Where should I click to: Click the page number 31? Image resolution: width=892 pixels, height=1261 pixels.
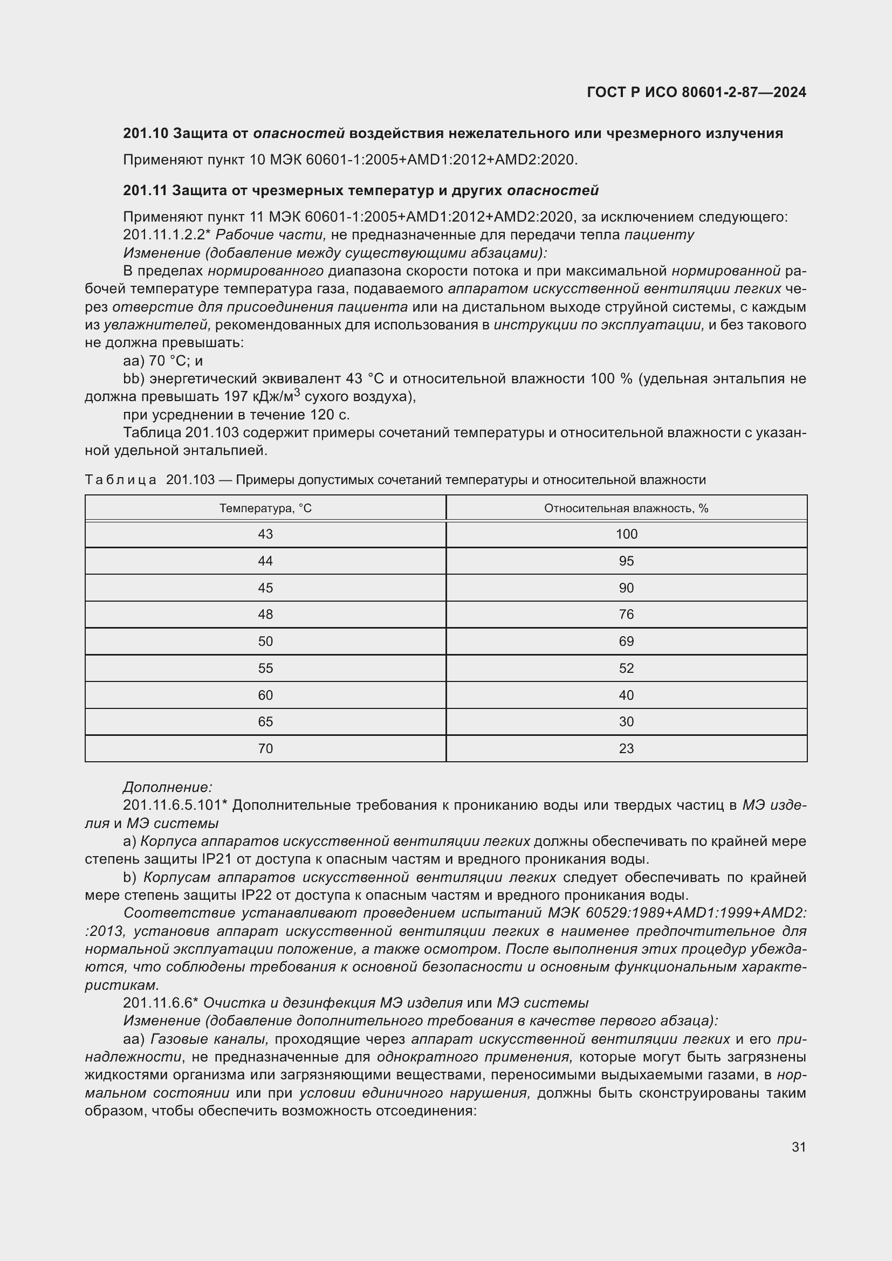pos(798,1147)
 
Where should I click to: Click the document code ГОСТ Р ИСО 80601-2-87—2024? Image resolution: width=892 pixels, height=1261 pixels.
pos(696,92)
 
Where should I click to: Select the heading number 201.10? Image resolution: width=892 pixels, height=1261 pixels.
pos(145,134)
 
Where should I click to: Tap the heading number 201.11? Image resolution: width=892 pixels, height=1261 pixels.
pos(145,190)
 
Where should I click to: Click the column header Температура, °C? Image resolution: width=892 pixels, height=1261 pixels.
pos(265,508)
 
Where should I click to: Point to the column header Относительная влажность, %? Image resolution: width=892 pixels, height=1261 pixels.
pos(626,508)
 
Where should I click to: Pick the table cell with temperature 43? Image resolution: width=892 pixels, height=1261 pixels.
pos(265,534)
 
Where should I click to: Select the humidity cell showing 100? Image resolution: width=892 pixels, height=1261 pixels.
pos(626,534)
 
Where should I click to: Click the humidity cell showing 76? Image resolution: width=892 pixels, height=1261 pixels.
pos(626,615)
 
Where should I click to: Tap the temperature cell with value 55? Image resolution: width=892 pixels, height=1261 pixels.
pos(265,669)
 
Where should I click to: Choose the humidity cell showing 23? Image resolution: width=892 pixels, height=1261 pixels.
pos(626,749)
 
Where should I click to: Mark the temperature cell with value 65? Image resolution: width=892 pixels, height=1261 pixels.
pos(265,722)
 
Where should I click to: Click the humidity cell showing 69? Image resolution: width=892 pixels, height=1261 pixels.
pos(626,642)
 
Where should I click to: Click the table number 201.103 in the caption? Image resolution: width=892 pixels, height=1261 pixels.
pos(190,480)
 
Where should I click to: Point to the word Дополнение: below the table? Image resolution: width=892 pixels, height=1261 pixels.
pos(168,787)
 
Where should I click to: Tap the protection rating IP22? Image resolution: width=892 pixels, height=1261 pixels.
pos(256,895)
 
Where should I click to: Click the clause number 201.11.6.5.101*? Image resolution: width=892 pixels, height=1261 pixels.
pos(175,805)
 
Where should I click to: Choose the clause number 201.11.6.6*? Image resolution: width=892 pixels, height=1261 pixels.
pos(160,1003)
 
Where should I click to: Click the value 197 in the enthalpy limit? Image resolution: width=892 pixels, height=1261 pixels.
pos(237,397)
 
